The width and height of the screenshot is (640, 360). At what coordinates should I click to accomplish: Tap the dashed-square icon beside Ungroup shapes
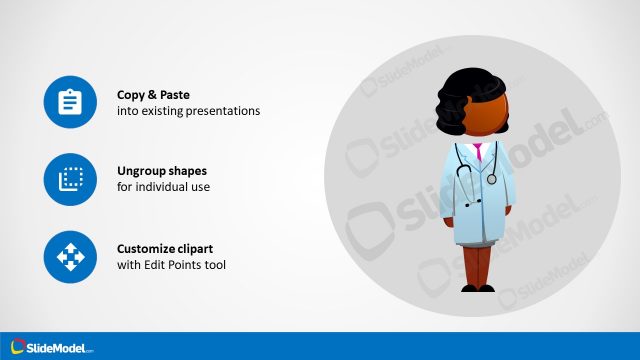[x=70, y=180]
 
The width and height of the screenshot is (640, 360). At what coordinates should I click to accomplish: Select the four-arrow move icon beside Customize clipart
[x=70, y=257]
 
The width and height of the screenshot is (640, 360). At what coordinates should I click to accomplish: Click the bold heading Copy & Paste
[x=154, y=95]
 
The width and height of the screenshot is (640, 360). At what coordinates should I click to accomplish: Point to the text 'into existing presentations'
[x=188, y=111]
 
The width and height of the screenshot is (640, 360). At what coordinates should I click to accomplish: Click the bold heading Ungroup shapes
[x=162, y=170]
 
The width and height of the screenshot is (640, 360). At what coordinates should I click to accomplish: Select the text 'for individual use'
[x=164, y=186]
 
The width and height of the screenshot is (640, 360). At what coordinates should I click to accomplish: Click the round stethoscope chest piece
[x=491, y=179]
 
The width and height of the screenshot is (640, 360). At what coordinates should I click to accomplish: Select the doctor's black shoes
[x=477, y=288]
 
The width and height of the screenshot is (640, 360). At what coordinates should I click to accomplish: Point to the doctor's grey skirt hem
[x=476, y=241]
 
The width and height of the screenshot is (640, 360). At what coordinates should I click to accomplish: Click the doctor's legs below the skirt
[x=476, y=264]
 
